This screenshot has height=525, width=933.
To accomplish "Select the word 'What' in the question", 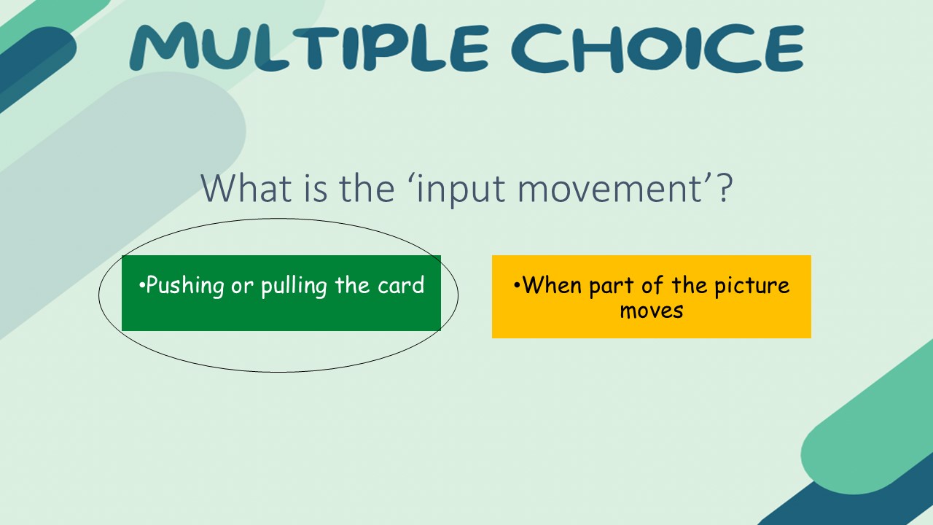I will pos(240,188).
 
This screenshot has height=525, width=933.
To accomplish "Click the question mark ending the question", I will pos(722,188).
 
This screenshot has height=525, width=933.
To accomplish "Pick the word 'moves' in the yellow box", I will pos(652,310).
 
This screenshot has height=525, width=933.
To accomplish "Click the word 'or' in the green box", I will pos(242,286).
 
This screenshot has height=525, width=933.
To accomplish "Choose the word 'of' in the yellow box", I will pos(651,284).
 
